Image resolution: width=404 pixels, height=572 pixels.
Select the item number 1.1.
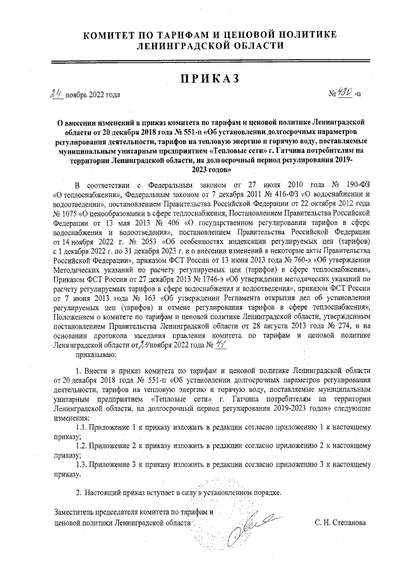[x=83, y=428]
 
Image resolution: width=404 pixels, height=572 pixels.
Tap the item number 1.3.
[x=83, y=465]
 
